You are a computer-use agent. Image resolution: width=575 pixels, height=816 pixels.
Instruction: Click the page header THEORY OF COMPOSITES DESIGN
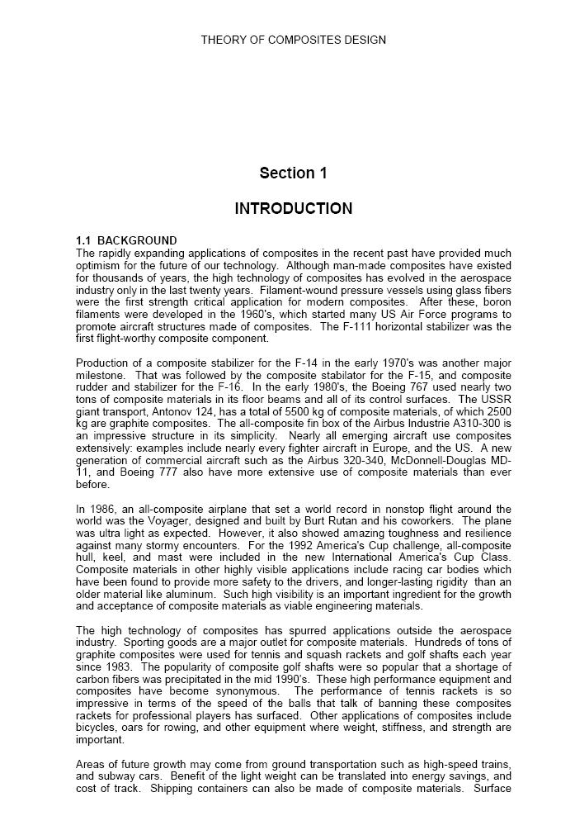(x=293, y=40)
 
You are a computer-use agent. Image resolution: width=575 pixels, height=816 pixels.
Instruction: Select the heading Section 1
(x=293, y=173)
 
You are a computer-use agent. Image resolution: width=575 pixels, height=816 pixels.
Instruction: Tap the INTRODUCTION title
(x=293, y=208)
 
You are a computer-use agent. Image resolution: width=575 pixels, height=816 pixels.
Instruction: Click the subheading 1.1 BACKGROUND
(x=126, y=241)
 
